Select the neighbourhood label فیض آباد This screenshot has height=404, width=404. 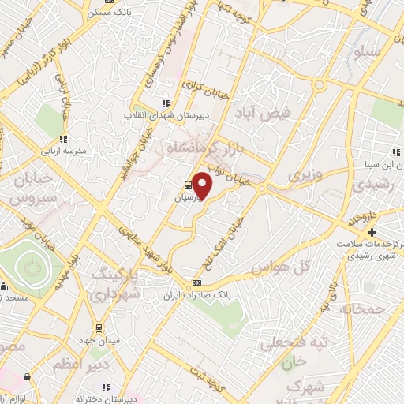290,113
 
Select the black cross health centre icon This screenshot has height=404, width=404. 372,231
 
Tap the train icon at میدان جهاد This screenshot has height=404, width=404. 97,327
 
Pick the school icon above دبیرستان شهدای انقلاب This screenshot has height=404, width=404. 166,103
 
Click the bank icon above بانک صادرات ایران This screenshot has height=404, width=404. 196,282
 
